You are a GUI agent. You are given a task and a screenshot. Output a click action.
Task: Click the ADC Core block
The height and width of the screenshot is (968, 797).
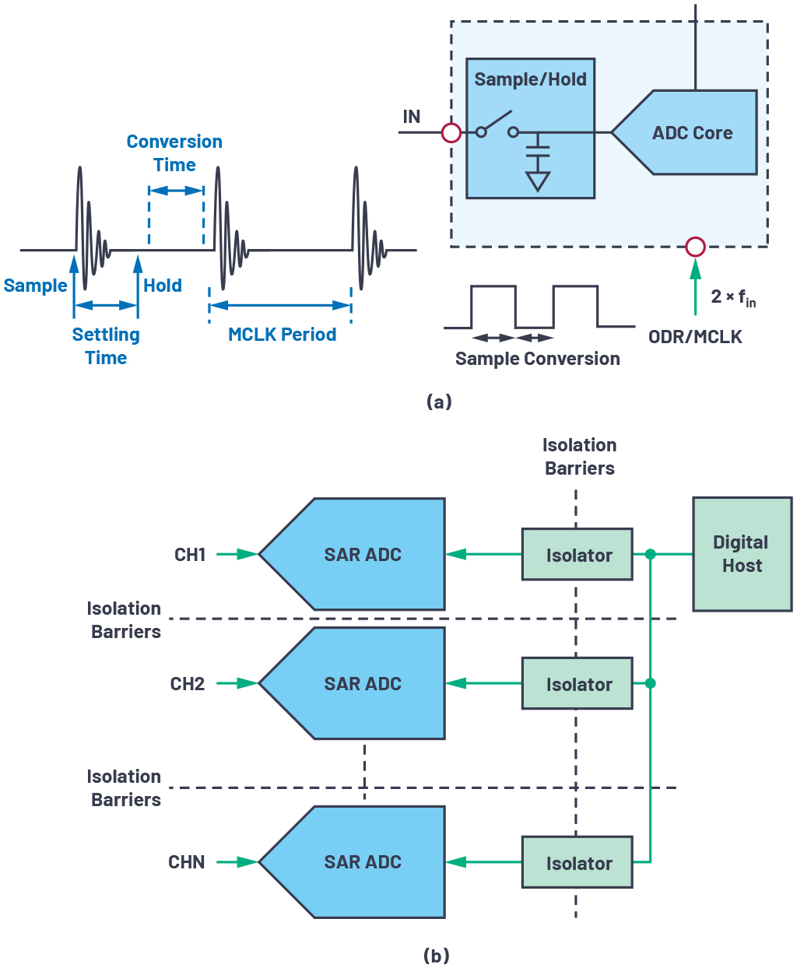[x=692, y=133]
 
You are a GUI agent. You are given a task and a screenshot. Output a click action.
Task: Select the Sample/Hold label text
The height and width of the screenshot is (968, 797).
[x=530, y=79]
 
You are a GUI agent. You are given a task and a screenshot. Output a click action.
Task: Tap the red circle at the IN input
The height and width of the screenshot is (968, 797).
[x=451, y=133]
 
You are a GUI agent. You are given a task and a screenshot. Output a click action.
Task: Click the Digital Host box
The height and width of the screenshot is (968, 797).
[x=742, y=554]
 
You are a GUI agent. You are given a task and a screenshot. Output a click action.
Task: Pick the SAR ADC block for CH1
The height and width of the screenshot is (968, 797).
[x=362, y=555]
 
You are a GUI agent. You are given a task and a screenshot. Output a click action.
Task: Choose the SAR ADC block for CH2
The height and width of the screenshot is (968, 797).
[x=362, y=684]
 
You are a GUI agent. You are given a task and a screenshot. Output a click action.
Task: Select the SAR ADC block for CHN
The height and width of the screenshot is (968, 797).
[x=362, y=862]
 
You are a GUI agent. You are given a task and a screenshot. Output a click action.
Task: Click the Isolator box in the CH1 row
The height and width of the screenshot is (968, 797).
[x=578, y=555]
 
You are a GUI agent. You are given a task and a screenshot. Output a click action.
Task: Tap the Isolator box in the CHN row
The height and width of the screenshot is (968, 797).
[x=578, y=863]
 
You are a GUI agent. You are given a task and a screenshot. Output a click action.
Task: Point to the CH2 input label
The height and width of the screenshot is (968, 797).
[x=188, y=684]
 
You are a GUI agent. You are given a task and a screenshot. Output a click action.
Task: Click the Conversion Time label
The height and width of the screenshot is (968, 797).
[x=174, y=153]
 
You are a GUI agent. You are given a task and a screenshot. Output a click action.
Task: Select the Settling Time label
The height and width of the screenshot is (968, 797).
[x=106, y=346]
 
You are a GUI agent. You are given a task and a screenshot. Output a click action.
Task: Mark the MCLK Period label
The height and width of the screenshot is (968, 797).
[x=282, y=335]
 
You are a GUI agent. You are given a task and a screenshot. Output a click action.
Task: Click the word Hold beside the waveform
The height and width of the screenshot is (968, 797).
[x=163, y=286]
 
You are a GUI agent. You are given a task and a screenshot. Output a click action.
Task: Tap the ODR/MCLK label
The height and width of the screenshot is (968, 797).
[x=695, y=337]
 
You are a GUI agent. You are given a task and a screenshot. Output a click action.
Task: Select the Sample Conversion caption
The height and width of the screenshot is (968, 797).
[x=537, y=359]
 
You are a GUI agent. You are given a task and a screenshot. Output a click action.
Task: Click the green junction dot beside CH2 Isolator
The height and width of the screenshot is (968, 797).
[x=651, y=683]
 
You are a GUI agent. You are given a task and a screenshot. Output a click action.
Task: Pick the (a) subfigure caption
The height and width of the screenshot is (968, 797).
[x=439, y=402]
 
